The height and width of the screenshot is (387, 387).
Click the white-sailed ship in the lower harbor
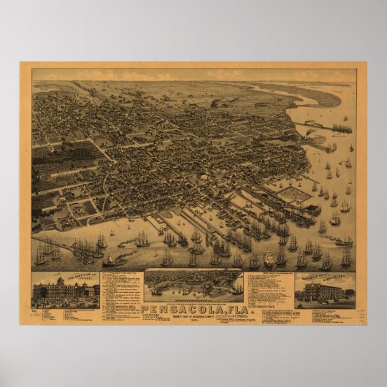pos(269,258)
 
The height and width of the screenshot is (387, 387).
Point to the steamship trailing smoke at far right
pos(342,242)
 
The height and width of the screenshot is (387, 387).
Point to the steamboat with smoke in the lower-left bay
pos(113,259)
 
